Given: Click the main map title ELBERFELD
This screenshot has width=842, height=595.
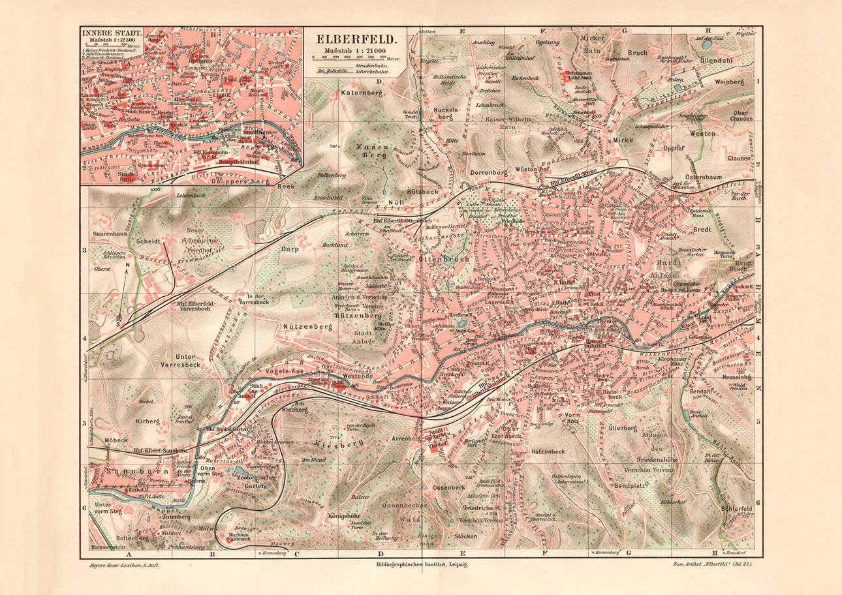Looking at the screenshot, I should click(351, 39).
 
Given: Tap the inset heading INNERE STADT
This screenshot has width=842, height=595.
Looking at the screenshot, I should click(106, 31).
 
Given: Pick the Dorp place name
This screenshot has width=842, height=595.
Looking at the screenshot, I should click(289, 249).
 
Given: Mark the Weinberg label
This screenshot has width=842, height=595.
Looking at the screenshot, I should click(730, 83).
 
